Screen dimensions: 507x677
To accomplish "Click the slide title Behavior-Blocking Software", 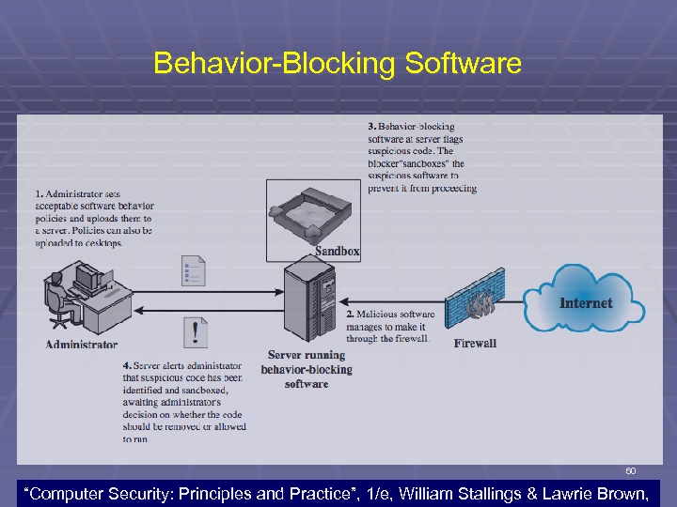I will tap(337, 64).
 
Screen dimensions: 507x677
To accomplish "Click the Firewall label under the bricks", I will tap(475, 343).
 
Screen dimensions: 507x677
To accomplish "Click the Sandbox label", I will tap(337, 251).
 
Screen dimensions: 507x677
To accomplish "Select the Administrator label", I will tap(82, 344).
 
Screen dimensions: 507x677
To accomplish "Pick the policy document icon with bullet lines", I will tap(193, 270).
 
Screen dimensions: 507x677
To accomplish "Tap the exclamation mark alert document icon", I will tap(195, 331).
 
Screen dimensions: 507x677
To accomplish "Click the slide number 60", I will tap(630, 470).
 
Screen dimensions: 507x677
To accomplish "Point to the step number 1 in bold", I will tap(39, 193).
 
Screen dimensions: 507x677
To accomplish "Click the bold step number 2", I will tap(350, 314).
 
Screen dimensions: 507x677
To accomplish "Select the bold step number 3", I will tap(371, 126).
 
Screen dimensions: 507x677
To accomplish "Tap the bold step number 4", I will tap(126, 365).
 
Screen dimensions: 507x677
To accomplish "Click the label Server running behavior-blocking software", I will tap(307, 369).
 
